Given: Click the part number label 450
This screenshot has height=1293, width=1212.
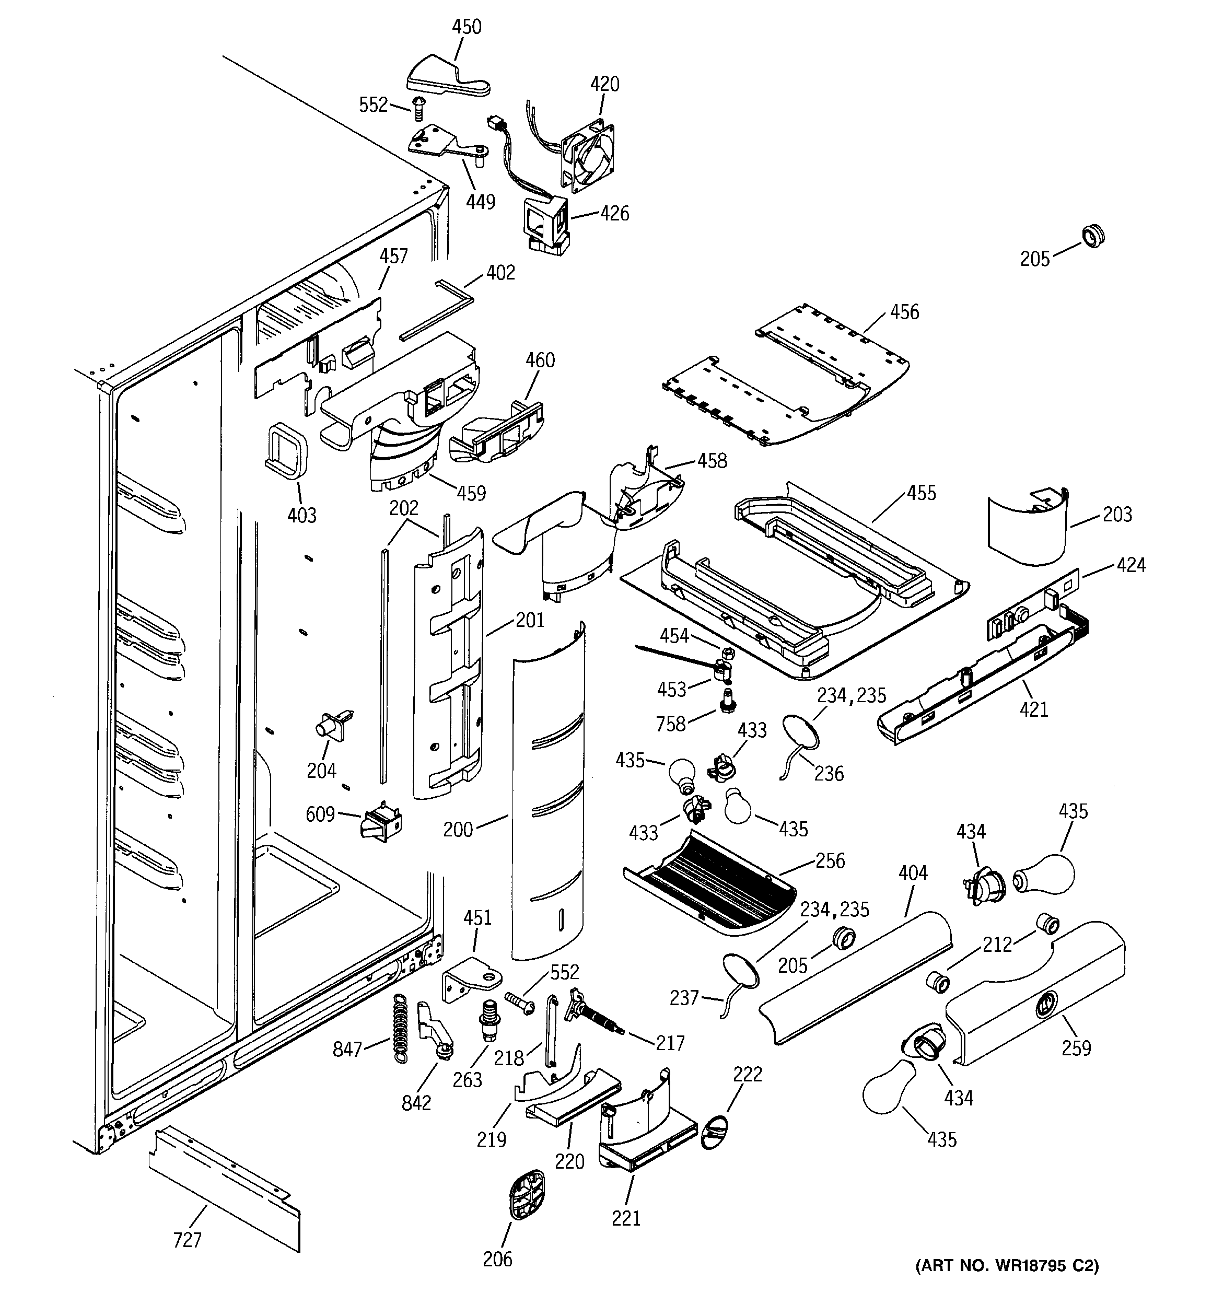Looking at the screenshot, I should (467, 27).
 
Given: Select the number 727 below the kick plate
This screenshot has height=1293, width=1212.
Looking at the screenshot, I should (188, 1240).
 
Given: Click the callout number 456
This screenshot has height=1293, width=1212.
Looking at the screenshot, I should (904, 312).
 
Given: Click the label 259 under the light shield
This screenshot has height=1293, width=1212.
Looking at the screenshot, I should (1076, 1048).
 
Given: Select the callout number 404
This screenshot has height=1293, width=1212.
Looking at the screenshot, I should (913, 873).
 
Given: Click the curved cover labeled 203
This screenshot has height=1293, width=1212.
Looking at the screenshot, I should (1026, 531).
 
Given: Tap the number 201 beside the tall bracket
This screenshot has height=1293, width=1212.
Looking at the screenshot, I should (530, 620).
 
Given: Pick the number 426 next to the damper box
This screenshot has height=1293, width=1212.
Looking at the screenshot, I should (615, 213).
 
